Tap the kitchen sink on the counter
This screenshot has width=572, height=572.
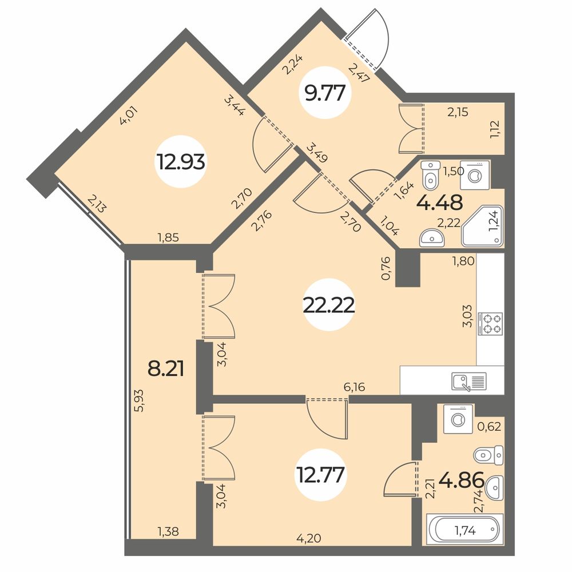click(468, 380)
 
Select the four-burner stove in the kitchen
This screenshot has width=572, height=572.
click(490, 324)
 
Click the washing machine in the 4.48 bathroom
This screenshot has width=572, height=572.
click(475, 174)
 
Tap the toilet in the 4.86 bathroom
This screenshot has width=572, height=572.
click(488, 455)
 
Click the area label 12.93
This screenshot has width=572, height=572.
click(181, 162)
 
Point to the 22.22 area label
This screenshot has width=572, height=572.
click(329, 305)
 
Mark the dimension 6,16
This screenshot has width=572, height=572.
click(354, 388)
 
